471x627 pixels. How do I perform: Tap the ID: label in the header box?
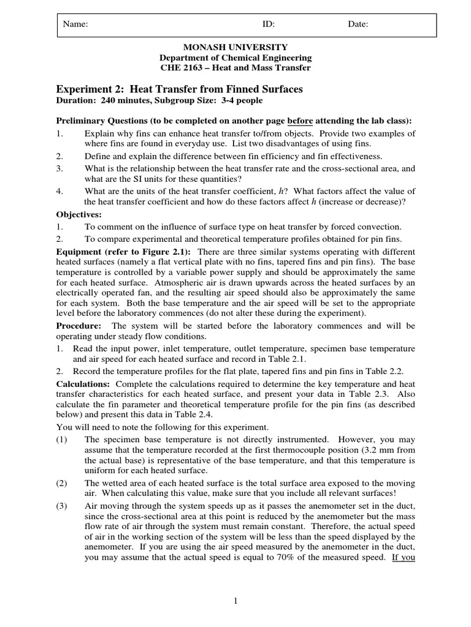pos(269,24)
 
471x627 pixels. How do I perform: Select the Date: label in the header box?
pos(358,24)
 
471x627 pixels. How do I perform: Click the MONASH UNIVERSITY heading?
pos(235,47)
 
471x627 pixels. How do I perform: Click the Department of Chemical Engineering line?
pos(235,58)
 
